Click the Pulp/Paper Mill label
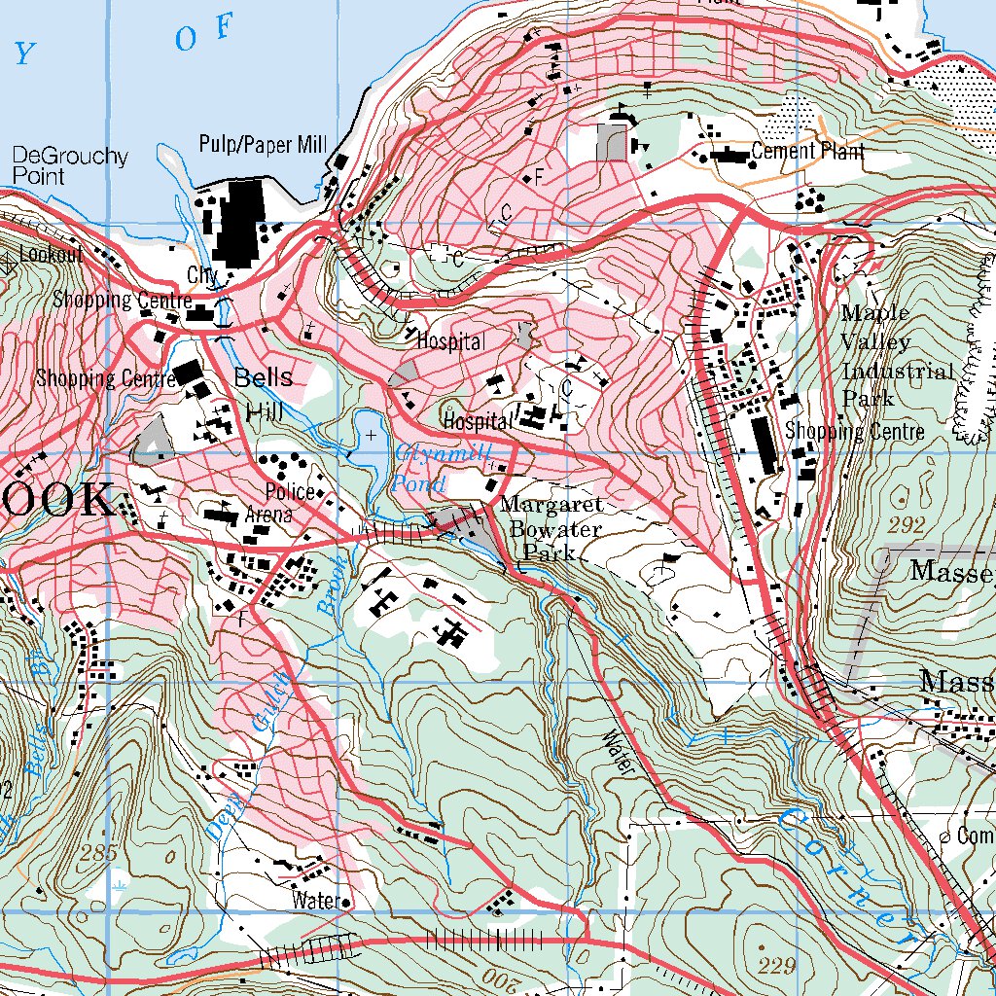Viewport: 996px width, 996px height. click(x=262, y=145)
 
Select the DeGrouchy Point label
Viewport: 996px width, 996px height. click(x=70, y=166)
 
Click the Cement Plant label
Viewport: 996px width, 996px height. click(x=807, y=151)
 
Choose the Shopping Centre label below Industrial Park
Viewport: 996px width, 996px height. click(x=854, y=431)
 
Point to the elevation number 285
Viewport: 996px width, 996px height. click(x=99, y=854)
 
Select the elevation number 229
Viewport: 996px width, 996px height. click(x=777, y=966)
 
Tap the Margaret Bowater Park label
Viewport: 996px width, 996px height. click(x=551, y=529)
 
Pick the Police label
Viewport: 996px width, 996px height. click(x=290, y=492)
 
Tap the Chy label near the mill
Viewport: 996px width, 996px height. click(x=202, y=275)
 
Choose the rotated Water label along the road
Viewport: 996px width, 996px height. click(x=618, y=751)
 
